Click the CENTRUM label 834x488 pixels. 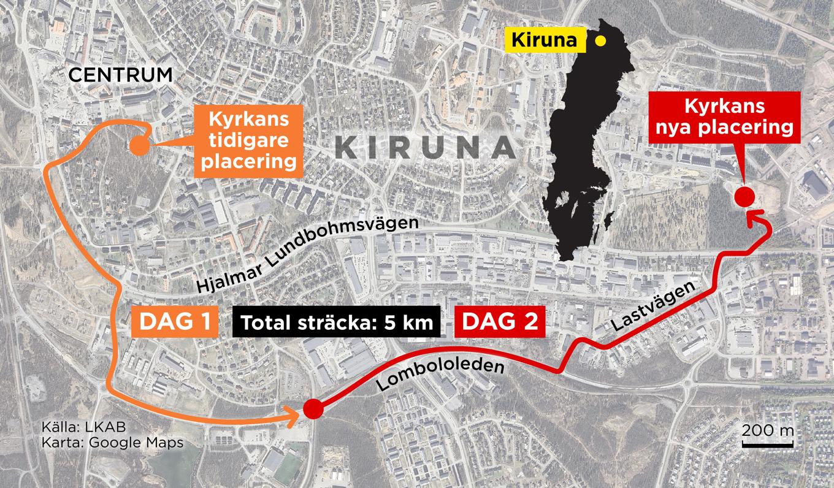point(120,75)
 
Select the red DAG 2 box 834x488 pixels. point(500,321)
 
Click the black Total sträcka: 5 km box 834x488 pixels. point(337,322)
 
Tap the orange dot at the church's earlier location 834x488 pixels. point(137,146)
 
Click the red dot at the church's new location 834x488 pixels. point(744,197)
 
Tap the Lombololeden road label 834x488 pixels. point(440,373)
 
